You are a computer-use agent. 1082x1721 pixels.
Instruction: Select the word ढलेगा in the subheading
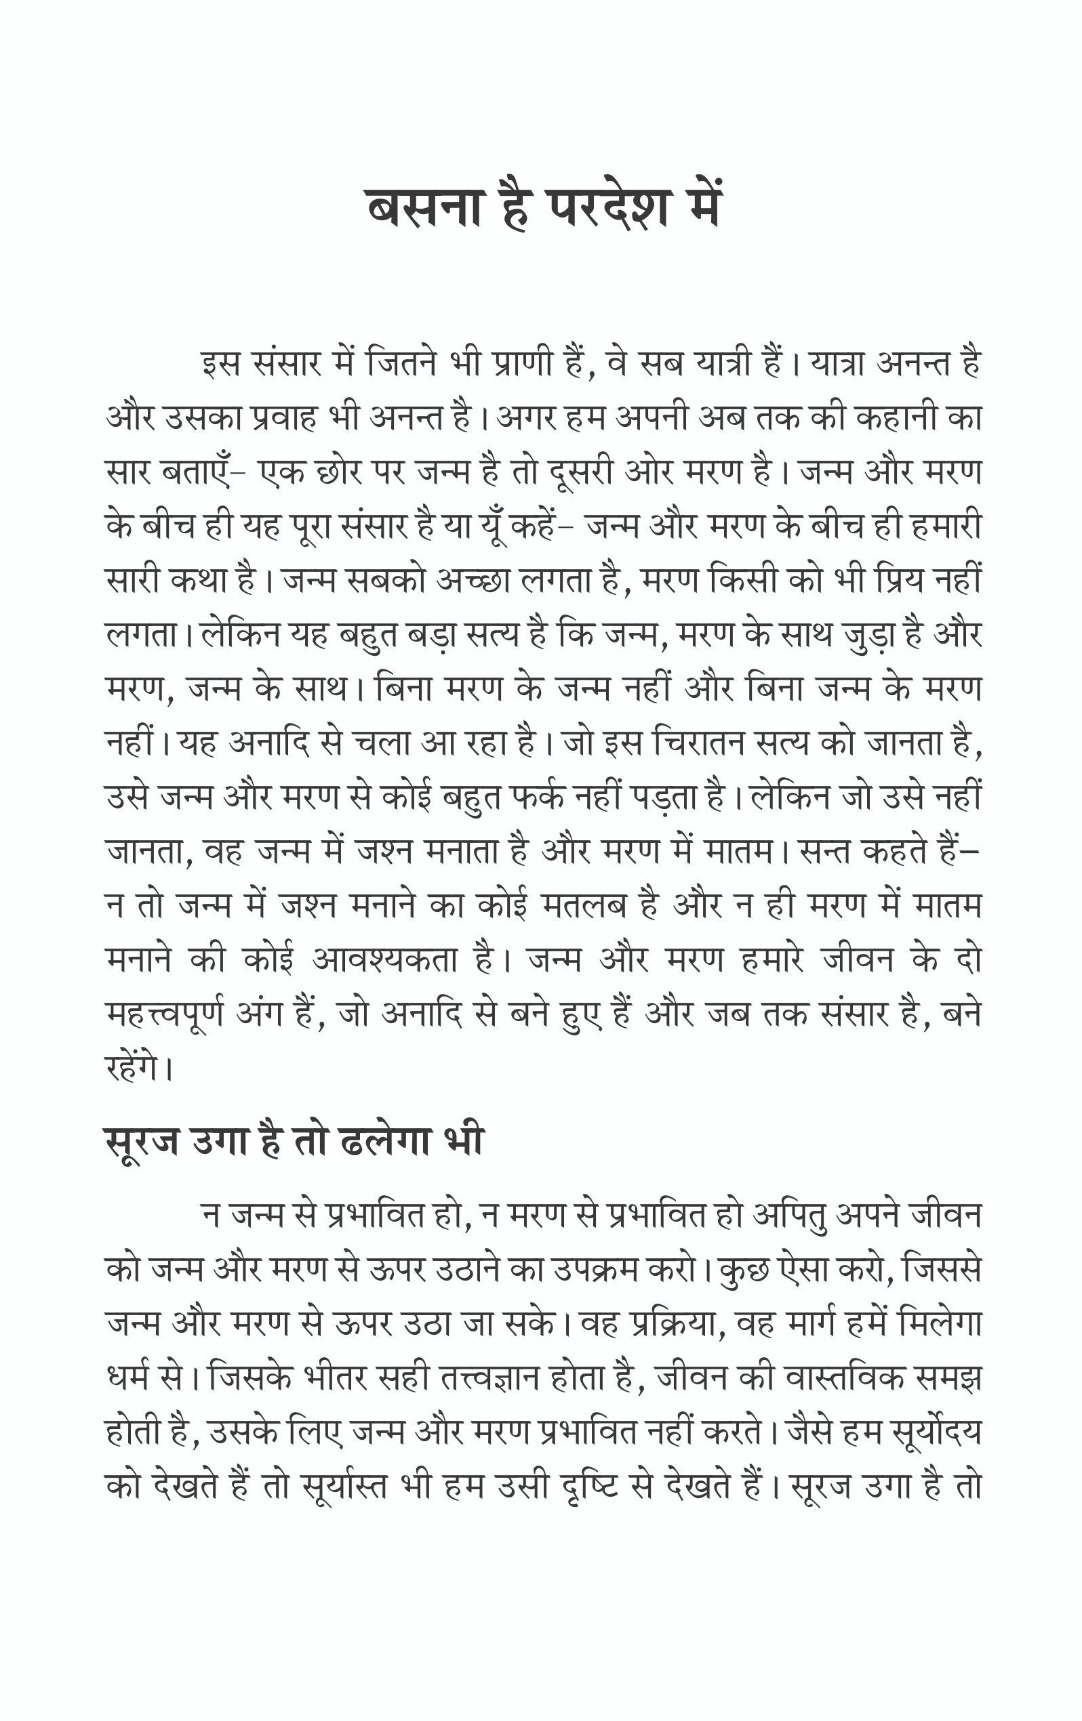pos(386,1140)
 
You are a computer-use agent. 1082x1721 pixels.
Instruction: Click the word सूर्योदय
pos(936,1433)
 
